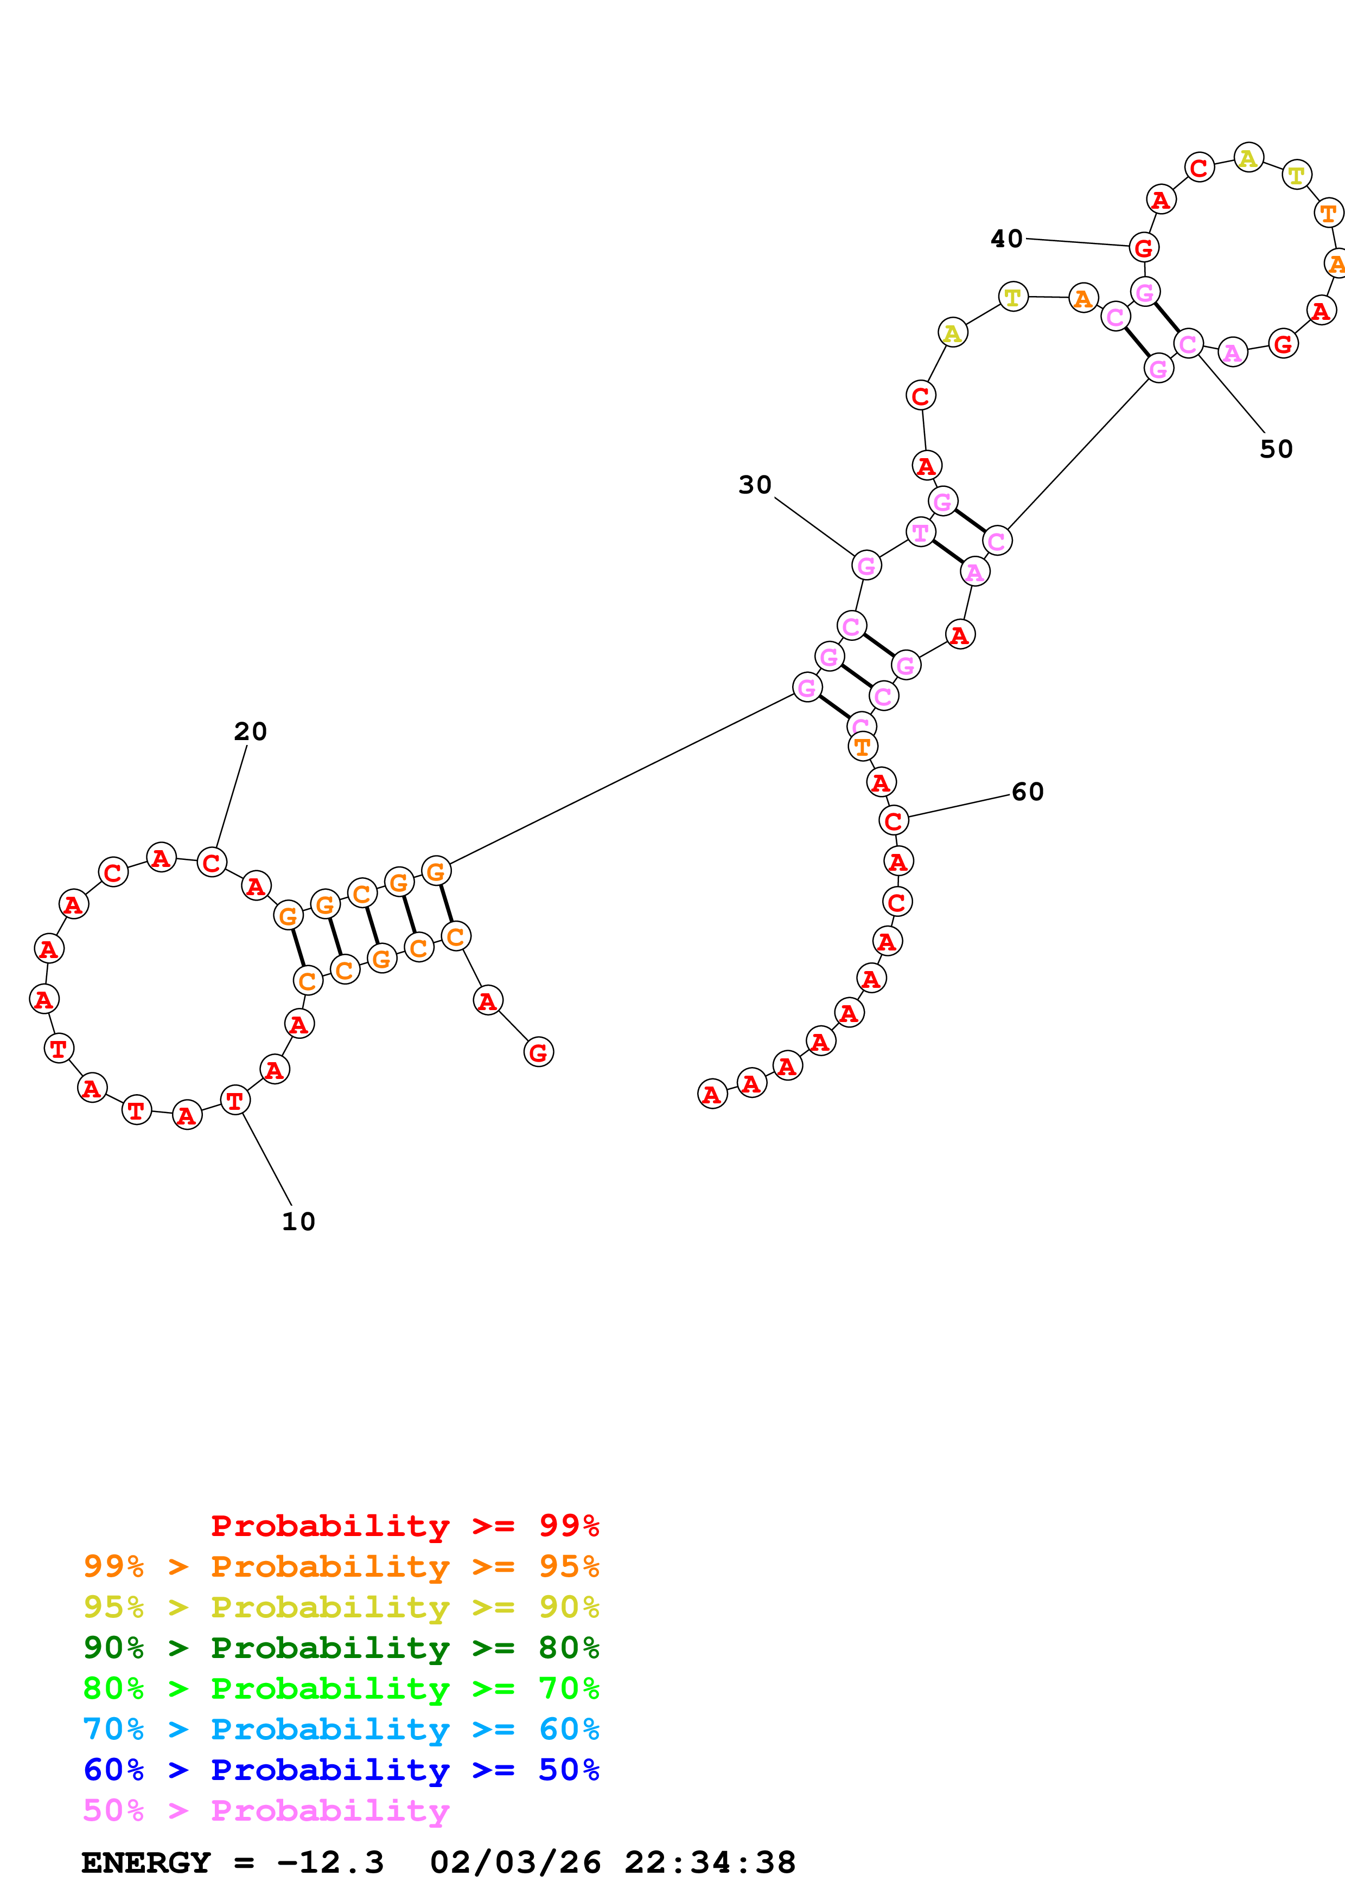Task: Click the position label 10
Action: [298, 1222]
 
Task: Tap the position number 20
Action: [250, 731]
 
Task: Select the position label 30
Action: [755, 485]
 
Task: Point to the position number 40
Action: [1007, 240]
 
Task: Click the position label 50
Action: [1276, 449]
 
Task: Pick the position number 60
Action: [1028, 792]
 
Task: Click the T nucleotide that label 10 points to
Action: [235, 1101]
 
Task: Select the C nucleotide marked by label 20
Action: [212, 863]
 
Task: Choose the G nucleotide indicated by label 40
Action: [1144, 247]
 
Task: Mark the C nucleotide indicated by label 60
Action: [894, 821]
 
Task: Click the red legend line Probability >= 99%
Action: [404, 1526]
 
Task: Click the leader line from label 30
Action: [814, 526]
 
